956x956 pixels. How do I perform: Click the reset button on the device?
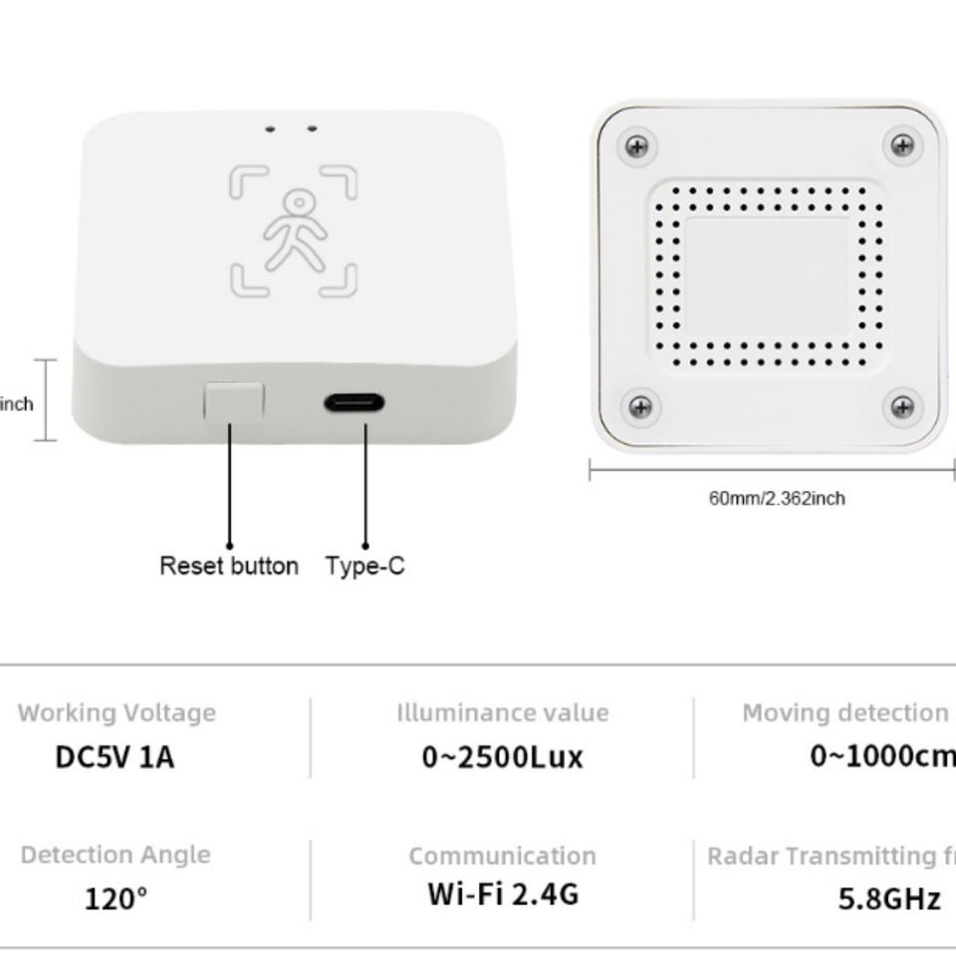pyautogui.click(x=234, y=401)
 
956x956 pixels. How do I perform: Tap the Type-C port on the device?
pyautogui.click(x=354, y=403)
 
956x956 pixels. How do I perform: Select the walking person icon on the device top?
pyautogui.click(x=295, y=230)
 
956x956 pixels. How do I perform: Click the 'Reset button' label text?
pyautogui.click(x=229, y=566)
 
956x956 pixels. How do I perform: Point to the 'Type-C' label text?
pyautogui.click(x=365, y=566)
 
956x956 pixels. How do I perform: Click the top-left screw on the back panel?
pyautogui.click(x=636, y=147)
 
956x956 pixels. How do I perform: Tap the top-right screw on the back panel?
pyautogui.click(x=902, y=145)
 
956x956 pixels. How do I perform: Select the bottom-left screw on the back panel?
pyautogui.click(x=640, y=406)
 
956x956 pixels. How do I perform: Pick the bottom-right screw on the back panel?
pyautogui.click(x=902, y=406)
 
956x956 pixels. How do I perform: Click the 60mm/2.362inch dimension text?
pyautogui.click(x=777, y=498)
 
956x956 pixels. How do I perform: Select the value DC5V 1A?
pyautogui.click(x=115, y=757)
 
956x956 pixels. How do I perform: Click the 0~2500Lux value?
pyautogui.click(x=502, y=757)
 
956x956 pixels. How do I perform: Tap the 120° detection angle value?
pyautogui.click(x=116, y=899)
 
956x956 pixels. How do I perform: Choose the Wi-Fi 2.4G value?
pyautogui.click(x=503, y=893)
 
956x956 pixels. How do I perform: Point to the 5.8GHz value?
pyautogui.click(x=889, y=899)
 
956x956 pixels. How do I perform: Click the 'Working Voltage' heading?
pyautogui.click(x=117, y=713)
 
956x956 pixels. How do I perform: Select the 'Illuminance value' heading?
pyautogui.click(x=502, y=713)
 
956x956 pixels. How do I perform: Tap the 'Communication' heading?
pyautogui.click(x=502, y=856)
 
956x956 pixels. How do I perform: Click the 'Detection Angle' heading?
pyautogui.click(x=116, y=855)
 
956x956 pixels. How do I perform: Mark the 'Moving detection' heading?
pyautogui.click(x=844, y=713)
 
